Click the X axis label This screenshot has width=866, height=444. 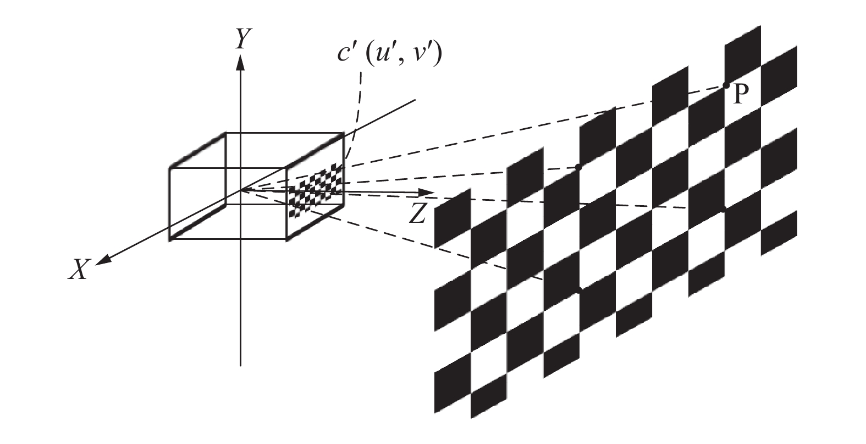(x=78, y=270)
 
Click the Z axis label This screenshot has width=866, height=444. (x=418, y=213)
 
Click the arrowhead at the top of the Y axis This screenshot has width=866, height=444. (x=240, y=62)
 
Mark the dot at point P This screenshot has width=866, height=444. (x=726, y=85)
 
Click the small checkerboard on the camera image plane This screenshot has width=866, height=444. (x=315, y=190)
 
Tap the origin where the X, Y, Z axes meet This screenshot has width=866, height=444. (x=240, y=190)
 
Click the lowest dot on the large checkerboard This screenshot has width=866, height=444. (x=578, y=289)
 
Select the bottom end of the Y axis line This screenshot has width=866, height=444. (x=240, y=364)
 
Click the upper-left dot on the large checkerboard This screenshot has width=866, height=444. (x=578, y=167)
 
